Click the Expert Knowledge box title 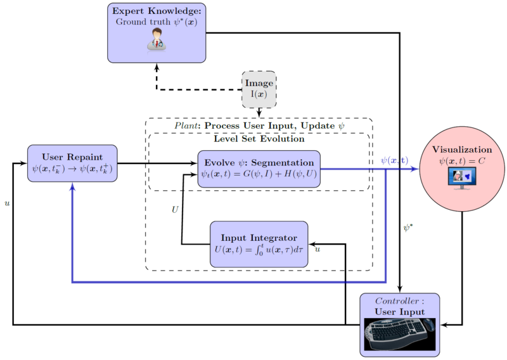point(157,11)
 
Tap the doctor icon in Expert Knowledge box point(157,41)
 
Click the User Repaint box point(72,163)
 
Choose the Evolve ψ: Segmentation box point(259,169)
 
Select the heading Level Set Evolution point(259,139)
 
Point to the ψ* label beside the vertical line point(409,226)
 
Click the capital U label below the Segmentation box point(176,209)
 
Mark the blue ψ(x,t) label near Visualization point(394,160)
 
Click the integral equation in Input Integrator point(259,249)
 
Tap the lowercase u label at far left point(7,204)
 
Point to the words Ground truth point(138,22)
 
